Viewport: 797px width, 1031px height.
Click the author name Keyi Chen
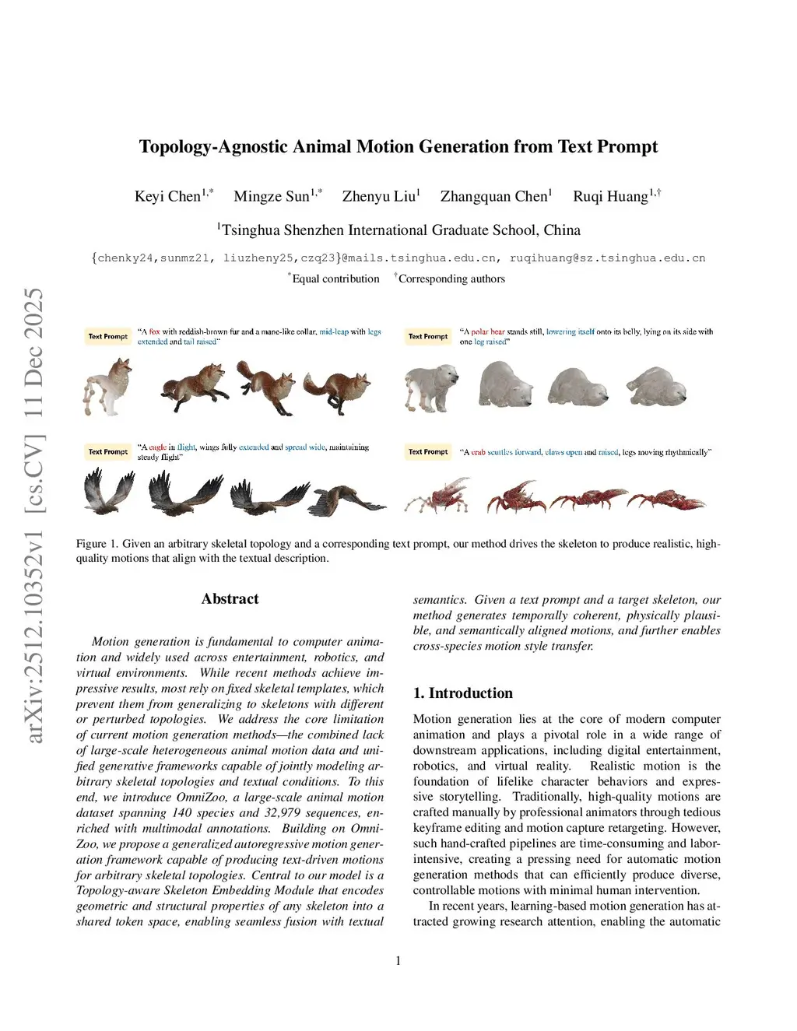(168, 196)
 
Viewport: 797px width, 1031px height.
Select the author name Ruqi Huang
(610, 196)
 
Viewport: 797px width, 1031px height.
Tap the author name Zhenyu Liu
(379, 196)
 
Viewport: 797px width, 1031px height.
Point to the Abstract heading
(230, 598)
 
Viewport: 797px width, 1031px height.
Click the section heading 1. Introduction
(462, 693)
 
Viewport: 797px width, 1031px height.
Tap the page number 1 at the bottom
(398, 961)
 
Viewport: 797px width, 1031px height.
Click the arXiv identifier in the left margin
(35, 514)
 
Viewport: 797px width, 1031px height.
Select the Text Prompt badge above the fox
(107, 336)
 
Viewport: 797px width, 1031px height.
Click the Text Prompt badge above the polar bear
(428, 336)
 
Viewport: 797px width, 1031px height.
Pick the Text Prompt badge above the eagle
(107, 451)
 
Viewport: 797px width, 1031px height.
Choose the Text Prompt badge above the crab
(428, 451)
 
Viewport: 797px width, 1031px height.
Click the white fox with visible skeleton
(107, 385)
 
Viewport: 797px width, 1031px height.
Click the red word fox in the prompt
(154, 331)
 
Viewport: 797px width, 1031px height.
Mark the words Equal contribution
(335, 279)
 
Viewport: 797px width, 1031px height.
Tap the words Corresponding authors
(451, 279)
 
